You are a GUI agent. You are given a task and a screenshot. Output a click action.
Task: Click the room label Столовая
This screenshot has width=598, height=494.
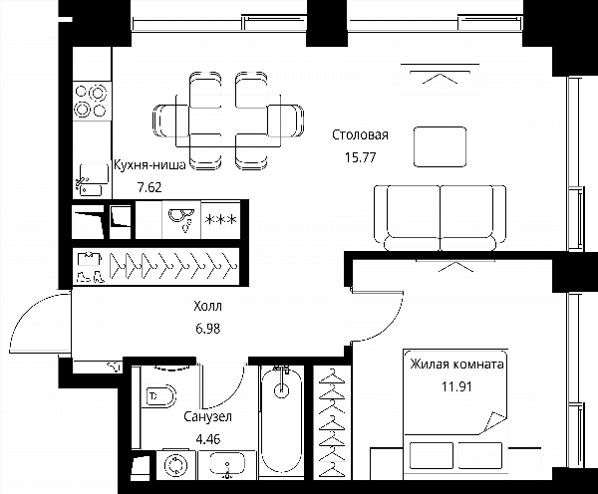(360, 134)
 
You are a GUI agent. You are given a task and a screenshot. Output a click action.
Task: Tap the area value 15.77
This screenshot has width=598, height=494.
(361, 157)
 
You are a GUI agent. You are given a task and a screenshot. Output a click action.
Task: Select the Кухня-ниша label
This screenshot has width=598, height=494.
(149, 165)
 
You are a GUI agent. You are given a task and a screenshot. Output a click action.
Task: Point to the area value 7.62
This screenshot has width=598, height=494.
(149, 187)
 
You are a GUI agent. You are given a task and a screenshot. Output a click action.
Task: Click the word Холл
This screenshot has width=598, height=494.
(207, 306)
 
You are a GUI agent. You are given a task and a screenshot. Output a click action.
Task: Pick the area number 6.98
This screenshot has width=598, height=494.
(208, 329)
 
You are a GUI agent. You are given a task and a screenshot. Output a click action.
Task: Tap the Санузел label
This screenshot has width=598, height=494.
(207, 416)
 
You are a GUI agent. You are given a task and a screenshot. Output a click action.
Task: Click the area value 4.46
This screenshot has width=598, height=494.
(208, 439)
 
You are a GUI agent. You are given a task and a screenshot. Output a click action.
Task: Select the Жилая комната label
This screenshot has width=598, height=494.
(456, 365)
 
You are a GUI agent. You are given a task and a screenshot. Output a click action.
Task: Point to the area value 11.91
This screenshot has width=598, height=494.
(456, 386)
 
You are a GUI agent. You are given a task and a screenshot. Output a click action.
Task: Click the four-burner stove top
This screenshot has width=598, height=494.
(92, 101)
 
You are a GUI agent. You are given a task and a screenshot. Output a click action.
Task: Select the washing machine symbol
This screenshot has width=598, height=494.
(176, 466)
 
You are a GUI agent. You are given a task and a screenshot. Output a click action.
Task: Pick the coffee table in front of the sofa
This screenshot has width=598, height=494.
(440, 146)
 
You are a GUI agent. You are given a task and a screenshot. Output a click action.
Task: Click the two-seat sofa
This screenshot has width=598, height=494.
(441, 218)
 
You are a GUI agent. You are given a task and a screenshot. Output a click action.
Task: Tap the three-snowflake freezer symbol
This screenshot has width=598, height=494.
(221, 219)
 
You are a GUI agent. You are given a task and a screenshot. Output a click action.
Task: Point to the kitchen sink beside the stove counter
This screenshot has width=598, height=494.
(92, 180)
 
